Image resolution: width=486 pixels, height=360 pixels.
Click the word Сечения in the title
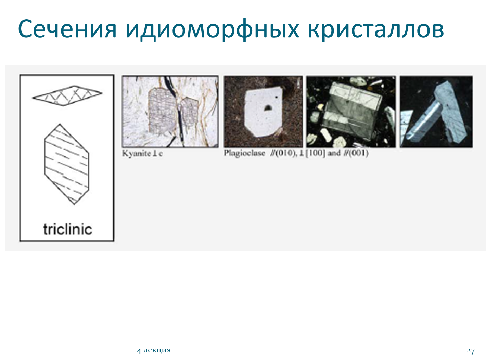(67, 29)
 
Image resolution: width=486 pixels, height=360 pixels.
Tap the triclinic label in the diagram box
(67, 229)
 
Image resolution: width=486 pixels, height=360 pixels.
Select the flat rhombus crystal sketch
(67, 95)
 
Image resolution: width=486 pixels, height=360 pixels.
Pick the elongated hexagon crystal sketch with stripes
(67, 164)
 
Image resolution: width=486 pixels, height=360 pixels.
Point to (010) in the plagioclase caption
(284, 153)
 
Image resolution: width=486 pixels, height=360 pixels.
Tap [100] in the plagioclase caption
(315, 153)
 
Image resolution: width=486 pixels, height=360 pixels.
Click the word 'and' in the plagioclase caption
(334, 153)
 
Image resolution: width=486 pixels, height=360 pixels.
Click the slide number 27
(471, 350)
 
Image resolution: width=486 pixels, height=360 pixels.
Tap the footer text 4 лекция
(154, 350)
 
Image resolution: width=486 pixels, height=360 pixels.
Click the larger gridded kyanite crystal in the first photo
(162, 111)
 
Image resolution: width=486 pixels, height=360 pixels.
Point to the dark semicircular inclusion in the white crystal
(267, 107)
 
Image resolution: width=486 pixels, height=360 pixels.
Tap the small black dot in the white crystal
(277, 97)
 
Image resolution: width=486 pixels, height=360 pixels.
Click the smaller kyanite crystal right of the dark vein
(189, 112)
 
